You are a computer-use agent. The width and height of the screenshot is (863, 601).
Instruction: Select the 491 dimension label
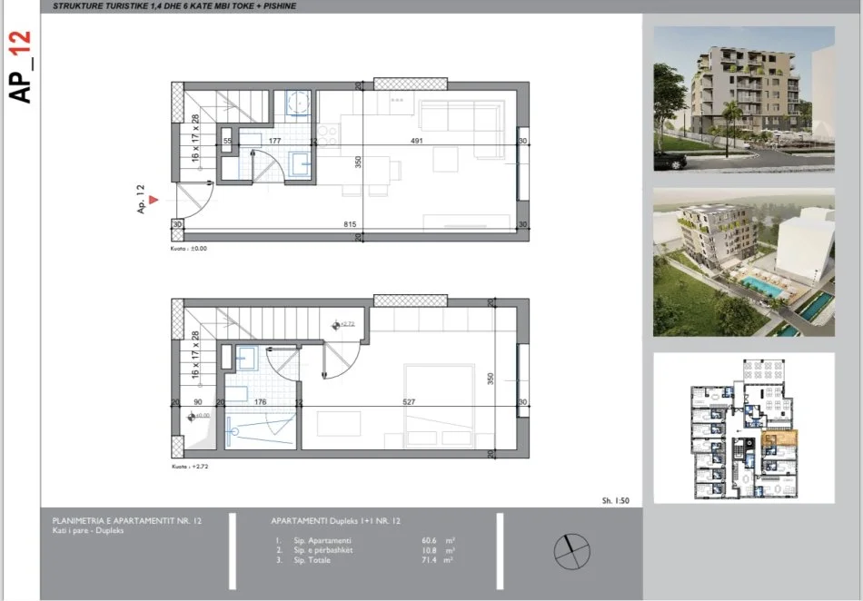tap(416, 142)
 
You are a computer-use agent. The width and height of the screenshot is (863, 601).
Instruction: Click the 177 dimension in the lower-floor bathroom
tap(274, 142)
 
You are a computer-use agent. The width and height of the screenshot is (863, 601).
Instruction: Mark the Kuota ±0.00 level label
tap(189, 249)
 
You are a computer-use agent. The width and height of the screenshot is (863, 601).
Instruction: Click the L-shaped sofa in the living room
tap(461, 118)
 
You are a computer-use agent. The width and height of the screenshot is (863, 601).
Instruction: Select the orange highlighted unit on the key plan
tap(779, 441)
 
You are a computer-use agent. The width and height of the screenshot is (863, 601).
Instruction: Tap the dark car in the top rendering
tap(671, 161)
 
